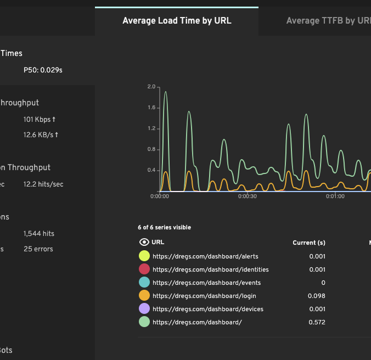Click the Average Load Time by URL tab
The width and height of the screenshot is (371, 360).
[x=177, y=21]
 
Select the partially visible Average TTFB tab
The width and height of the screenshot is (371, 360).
[x=328, y=21]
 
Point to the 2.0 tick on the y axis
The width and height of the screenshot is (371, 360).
[x=151, y=87]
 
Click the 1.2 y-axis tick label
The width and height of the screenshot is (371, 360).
[x=151, y=128]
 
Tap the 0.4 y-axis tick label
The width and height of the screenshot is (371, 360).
[x=151, y=170]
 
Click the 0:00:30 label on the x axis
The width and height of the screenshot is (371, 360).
[x=248, y=196]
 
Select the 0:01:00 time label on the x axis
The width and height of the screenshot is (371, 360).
[x=335, y=196]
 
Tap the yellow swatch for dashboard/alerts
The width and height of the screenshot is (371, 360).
[x=144, y=256]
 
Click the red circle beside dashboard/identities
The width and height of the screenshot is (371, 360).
[x=144, y=269]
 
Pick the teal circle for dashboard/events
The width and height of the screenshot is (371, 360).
[x=144, y=283]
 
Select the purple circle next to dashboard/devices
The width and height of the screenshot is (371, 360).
[x=144, y=309]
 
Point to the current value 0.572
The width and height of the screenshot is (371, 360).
[x=317, y=322]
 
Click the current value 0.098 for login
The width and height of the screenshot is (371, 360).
[x=317, y=296]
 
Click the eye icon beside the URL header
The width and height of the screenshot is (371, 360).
[x=144, y=242]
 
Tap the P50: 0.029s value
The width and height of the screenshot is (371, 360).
[x=43, y=70]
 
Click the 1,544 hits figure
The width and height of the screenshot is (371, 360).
[x=39, y=233]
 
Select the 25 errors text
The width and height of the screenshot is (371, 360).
[x=38, y=249]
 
